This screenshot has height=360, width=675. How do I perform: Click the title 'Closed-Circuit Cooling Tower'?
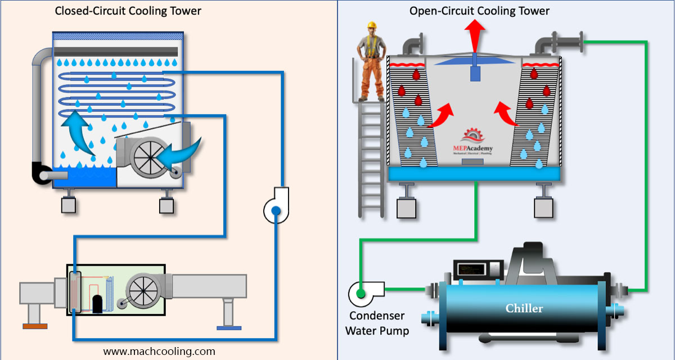(128, 11)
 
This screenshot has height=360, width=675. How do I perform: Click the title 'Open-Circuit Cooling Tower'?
(479, 11)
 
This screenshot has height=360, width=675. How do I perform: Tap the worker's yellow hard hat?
(371, 25)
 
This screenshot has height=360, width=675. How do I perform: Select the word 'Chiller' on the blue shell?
(524, 308)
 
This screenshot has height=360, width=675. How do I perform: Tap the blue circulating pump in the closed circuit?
(276, 210)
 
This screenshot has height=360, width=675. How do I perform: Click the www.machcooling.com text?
(159, 351)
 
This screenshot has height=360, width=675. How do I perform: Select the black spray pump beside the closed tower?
(42, 174)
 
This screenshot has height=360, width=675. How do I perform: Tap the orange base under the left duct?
(34, 325)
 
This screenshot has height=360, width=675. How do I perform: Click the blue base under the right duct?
(228, 327)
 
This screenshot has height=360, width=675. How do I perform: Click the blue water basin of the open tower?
(474, 174)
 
